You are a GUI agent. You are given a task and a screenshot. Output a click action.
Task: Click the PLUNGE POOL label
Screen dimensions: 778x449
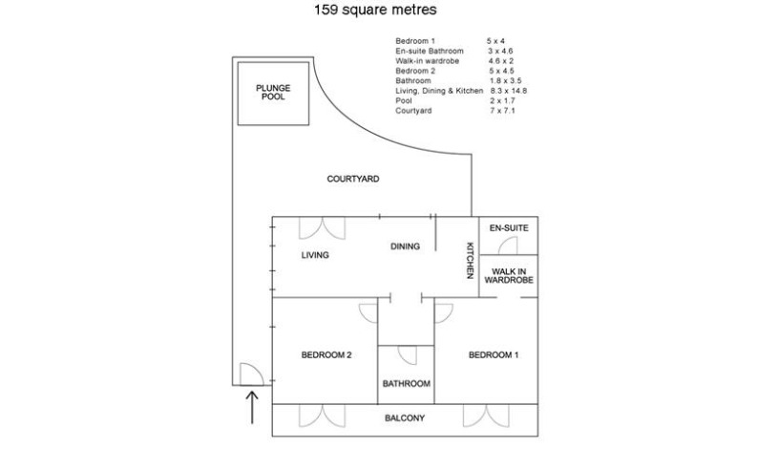273,93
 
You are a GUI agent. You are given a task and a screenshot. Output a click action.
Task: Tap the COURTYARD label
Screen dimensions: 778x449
353,179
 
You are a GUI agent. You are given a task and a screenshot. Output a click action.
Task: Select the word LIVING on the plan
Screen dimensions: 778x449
315,255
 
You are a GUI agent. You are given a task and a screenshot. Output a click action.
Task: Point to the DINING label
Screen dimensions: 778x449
405,246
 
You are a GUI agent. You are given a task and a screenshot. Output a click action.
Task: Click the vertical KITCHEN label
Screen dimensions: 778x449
471,260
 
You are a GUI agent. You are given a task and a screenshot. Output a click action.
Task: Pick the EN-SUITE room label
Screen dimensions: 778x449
509,228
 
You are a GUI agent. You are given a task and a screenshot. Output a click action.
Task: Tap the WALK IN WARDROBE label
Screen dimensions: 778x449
509,276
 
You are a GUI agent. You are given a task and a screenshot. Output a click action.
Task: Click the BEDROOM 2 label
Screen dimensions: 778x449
326,355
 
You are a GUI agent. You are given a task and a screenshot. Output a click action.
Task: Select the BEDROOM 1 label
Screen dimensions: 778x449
494,355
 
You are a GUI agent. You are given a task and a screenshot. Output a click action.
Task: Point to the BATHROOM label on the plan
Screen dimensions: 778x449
407,384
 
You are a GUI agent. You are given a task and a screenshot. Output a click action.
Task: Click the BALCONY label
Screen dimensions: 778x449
405,418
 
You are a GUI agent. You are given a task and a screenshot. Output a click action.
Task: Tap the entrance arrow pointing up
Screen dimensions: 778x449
252,407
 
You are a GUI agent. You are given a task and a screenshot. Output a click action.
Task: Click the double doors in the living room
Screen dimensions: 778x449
322,228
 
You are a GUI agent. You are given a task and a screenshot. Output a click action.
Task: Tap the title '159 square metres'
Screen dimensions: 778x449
375,10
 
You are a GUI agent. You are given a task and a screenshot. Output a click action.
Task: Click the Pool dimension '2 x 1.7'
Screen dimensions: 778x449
503,100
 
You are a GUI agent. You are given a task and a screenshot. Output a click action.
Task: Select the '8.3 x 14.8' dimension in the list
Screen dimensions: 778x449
509,91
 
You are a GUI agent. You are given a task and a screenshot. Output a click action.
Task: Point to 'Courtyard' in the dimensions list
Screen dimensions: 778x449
413,110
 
